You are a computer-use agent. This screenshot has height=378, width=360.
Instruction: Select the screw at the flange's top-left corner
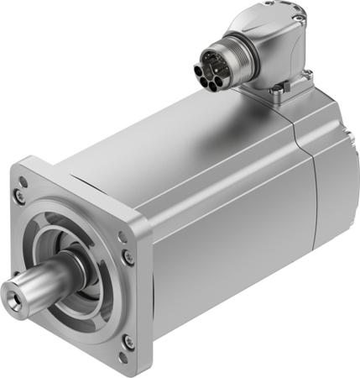[18, 195]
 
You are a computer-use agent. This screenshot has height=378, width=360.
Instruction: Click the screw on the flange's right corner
[126, 256]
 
